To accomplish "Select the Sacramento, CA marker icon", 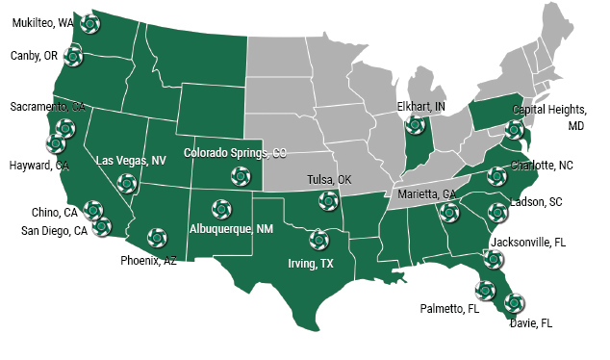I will click(x=65, y=128).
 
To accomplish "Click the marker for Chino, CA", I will click(x=93, y=209).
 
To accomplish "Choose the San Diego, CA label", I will click(x=55, y=230).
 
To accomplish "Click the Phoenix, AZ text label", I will click(x=148, y=260).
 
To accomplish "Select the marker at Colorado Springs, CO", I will click(x=238, y=175).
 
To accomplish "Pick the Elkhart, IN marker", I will click(x=415, y=124).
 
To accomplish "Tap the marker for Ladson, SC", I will click(x=497, y=211).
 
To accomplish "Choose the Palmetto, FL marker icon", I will click(x=486, y=288).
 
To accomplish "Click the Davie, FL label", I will click(x=532, y=323).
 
